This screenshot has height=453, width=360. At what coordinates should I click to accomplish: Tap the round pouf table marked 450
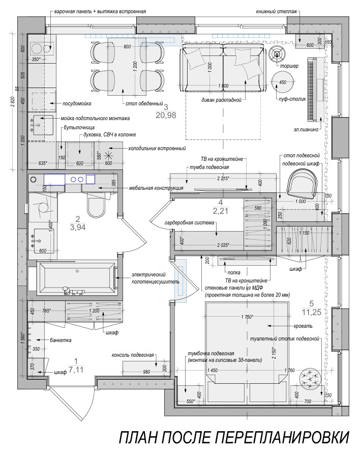(x=282, y=81)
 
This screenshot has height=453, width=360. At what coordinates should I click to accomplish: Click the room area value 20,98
(x=166, y=115)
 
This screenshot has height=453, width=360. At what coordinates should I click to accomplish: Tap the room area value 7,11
(x=76, y=370)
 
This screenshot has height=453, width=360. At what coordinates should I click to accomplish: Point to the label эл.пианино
(x=306, y=130)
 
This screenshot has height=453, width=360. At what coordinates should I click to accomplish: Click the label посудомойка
(x=77, y=103)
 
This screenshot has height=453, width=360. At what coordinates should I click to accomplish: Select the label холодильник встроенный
(x=157, y=149)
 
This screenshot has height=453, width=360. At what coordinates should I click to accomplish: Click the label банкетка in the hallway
(x=61, y=340)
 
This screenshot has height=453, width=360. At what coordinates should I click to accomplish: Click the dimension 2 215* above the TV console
(x=223, y=178)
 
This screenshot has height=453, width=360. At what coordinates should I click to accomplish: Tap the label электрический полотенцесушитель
(x=156, y=277)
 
